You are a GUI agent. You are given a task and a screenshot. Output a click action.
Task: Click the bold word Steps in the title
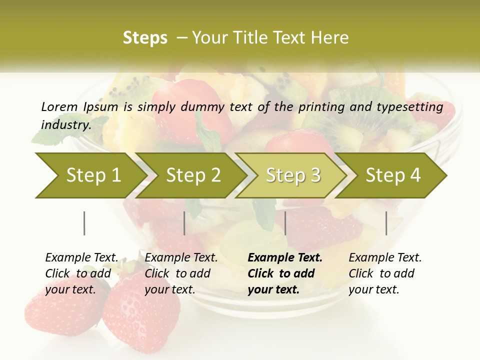coord(145,38)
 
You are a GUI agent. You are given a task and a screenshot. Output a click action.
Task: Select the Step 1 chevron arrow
coord(90,175)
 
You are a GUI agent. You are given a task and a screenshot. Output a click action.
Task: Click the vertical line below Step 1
coord(84,223)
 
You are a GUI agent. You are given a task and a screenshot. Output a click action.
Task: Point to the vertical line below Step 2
coord(184,223)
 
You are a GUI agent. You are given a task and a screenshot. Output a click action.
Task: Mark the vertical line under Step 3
coord(285,223)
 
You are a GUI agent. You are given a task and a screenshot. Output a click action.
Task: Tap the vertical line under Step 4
coord(386,223)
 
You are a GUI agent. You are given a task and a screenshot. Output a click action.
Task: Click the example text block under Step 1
coord(81,273)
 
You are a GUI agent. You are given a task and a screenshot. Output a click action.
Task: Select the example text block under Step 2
coord(181,273)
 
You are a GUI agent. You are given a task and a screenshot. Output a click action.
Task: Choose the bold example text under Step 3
coord(285,273)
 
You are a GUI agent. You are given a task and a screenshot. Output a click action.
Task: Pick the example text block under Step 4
coord(385,273)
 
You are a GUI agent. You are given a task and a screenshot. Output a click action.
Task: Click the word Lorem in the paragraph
coord(59,106)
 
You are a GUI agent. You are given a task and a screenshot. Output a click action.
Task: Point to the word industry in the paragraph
coord(66,124)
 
